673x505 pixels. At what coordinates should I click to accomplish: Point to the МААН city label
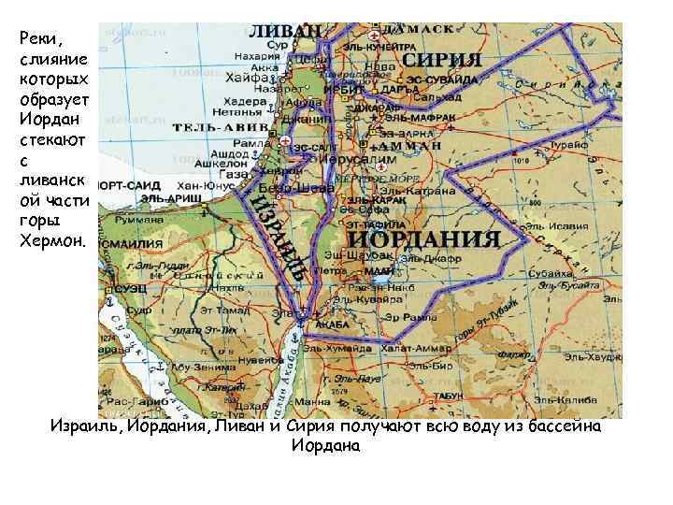click(379, 268)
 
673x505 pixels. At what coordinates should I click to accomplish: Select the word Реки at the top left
click(36, 39)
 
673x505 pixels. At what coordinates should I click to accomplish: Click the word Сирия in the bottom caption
click(331, 426)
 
